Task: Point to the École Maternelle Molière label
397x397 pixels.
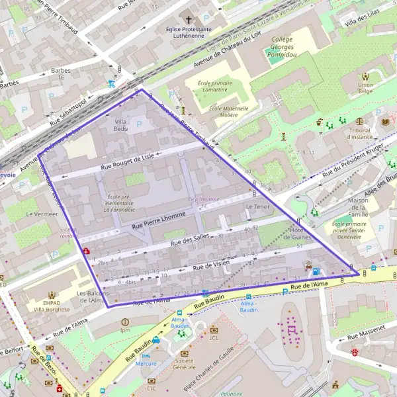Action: [228, 111]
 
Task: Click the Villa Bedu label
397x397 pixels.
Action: [121, 126]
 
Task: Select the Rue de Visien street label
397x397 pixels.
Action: [211, 265]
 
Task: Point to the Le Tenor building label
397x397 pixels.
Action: [257, 207]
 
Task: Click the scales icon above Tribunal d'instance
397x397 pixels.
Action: [359, 122]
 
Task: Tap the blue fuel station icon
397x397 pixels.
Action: [316, 271]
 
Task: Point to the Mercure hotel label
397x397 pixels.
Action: [146, 363]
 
